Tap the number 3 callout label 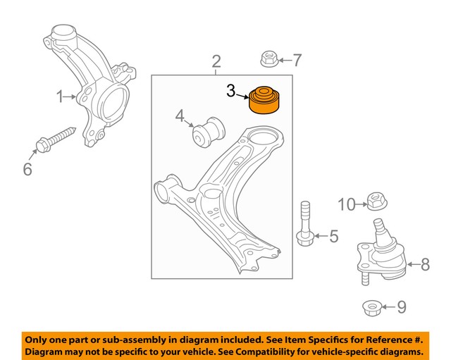click(x=231, y=90)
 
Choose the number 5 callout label click(x=333, y=236)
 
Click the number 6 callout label click(x=27, y=169)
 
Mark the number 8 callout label click(x=424, y=265)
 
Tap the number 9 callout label click(x=402, y=307)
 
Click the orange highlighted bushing click(x=266, y=99)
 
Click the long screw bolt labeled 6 click(x=56, y=138)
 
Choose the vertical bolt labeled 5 click(x=305, y=224)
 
